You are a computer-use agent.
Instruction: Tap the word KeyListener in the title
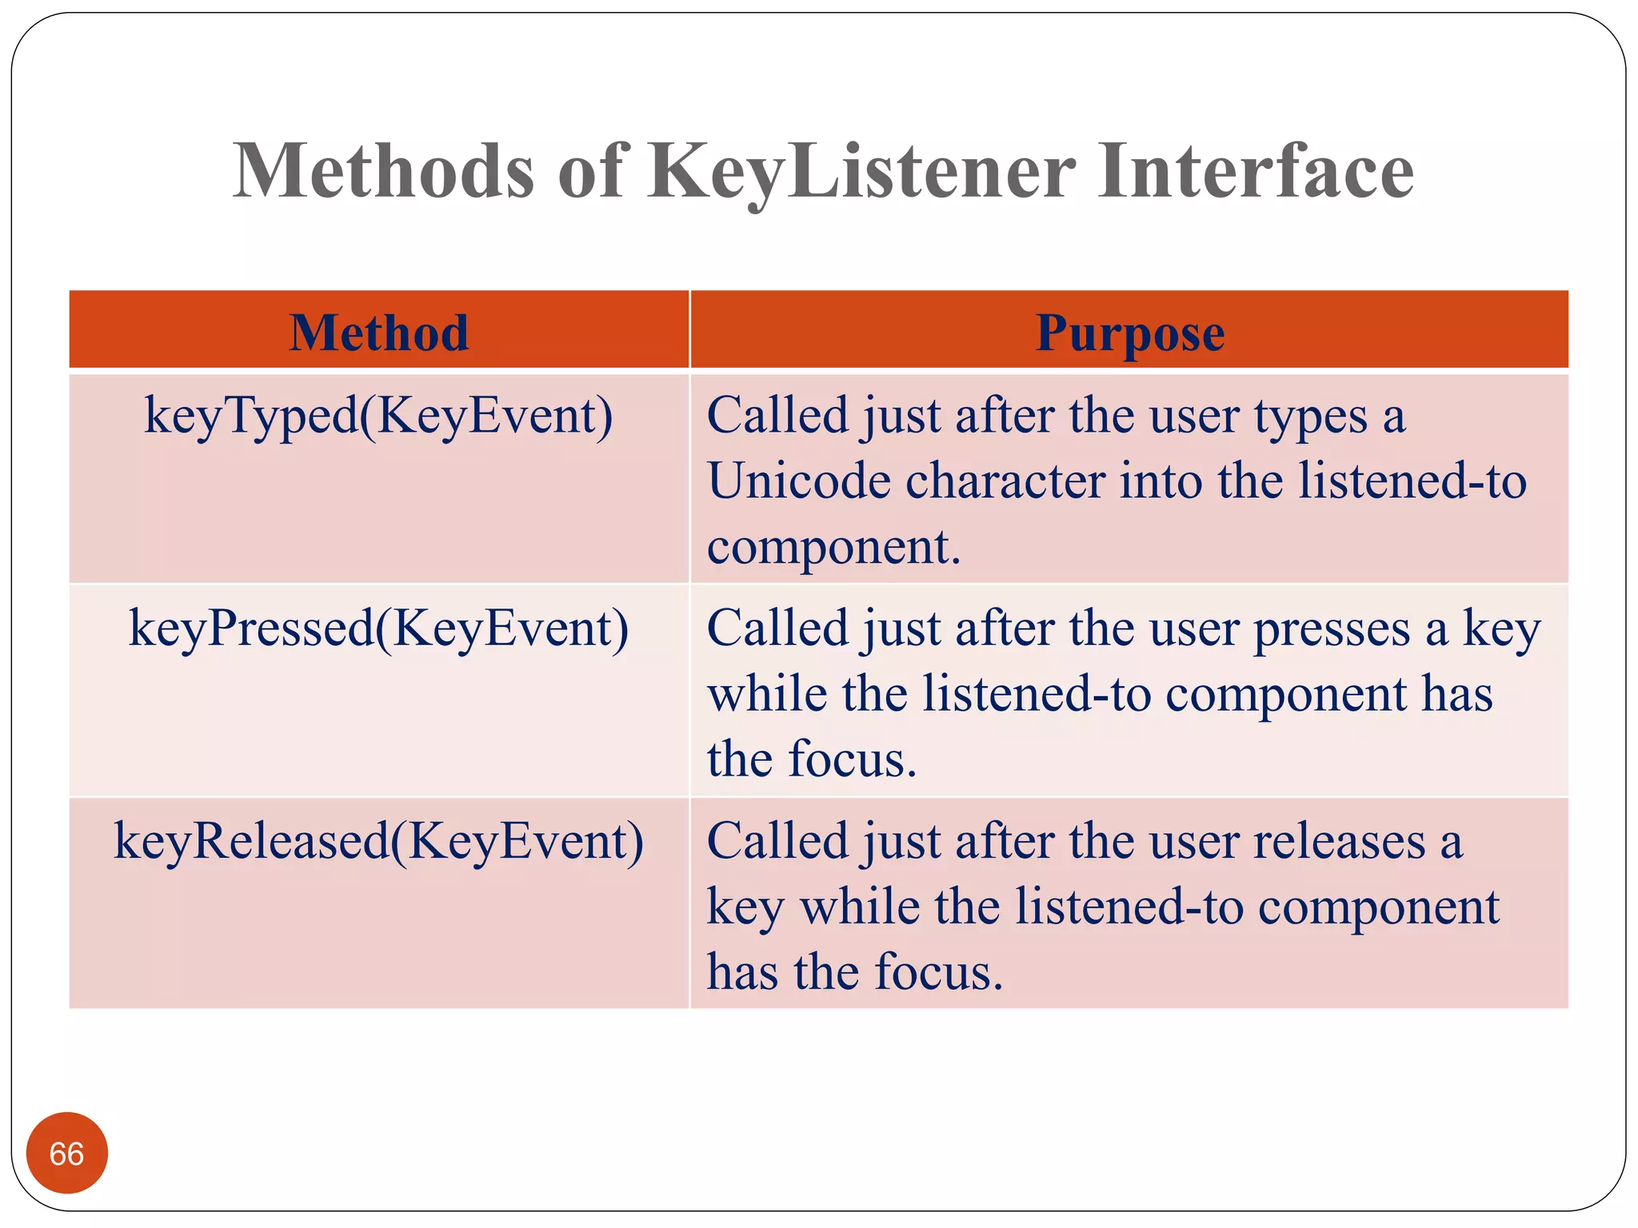pyautogui.click(x=861, y=172)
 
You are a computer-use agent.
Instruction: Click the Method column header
pyautogui.click(x=378, y=332)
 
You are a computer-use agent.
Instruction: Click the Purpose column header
pyautogui.click(x=1129, y=332)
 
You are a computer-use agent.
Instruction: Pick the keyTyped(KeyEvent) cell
pyautogui.click(x=378, y=417)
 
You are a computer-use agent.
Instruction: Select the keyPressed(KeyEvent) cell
pyautogui.click(x=378, y=629)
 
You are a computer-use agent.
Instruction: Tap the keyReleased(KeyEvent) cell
pyautogui.click(x=378, y=842)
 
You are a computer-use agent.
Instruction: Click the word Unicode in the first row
pyautogui.click(x=798, y=482)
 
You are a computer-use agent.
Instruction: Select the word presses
pyautogui.click(x=1331, y=629)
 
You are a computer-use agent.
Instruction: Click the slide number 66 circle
pyautogui.click(x=66, y=1153)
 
